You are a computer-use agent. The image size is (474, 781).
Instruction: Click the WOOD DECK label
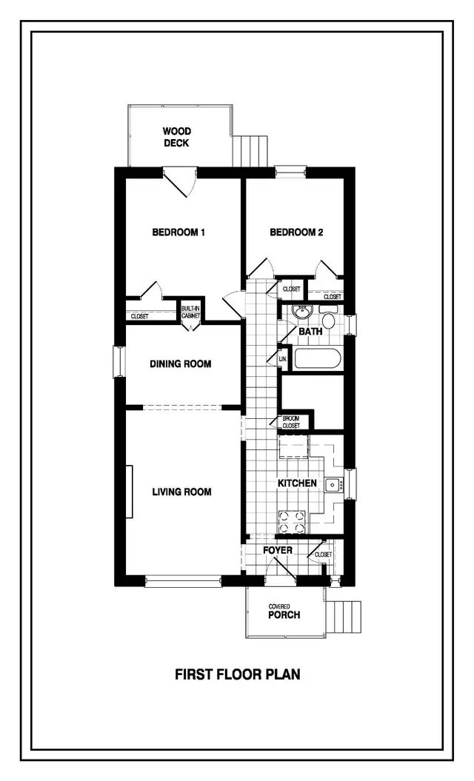[177, 138]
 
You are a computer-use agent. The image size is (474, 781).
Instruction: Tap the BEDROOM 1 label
[178, 232]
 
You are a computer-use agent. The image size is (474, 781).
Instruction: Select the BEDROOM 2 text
[296, 232]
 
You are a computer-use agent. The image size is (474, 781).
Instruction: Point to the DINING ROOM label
[181, 364]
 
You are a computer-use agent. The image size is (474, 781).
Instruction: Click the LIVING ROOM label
[182, 492]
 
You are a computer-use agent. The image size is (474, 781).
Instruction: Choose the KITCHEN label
[297, 483]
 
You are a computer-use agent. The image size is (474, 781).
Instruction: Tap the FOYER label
[278, 551]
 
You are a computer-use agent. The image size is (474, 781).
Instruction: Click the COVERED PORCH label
[284, 611]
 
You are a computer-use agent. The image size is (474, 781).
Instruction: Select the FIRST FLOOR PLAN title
[237, 674]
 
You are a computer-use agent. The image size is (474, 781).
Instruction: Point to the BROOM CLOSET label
[291, 422]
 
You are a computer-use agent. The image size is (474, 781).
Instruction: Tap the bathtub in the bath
[318, 361]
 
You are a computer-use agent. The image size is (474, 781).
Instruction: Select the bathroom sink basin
[302, 312]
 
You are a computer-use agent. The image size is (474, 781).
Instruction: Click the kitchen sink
[334, 486]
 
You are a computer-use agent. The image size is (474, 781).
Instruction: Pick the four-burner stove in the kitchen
[291, 521]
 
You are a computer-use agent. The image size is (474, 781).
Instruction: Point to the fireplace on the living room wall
[129, 492]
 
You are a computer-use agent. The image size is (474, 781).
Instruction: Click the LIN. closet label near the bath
[282, 360]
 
